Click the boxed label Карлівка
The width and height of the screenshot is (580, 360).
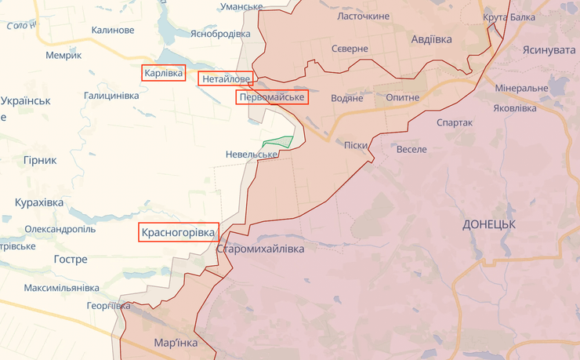coord(163,73)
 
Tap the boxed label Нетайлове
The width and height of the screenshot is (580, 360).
coord(226,79)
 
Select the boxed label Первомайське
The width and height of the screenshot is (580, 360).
coord(272,97)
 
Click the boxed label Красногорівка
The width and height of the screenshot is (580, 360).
coord(177,232)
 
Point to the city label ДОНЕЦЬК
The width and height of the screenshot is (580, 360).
coord(488,224)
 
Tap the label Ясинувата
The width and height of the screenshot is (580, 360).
coord(548,49)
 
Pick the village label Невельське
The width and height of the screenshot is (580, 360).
coord(252,155)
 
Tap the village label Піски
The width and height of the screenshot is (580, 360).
coord(356,145)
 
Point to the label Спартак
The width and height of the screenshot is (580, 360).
coord(454,122)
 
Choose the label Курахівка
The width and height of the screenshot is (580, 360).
coord(38,202)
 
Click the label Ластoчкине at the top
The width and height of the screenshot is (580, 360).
coord(363,16)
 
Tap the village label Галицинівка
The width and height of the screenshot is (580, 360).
coord(111,96)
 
